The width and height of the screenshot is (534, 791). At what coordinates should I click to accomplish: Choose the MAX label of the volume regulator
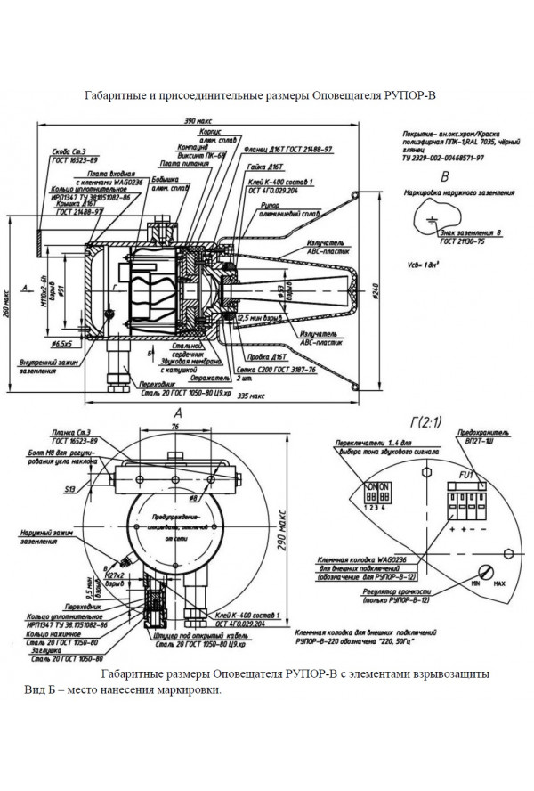(x=499, y=584)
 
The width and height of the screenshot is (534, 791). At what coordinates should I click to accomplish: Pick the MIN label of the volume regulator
(x=476, y=584)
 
